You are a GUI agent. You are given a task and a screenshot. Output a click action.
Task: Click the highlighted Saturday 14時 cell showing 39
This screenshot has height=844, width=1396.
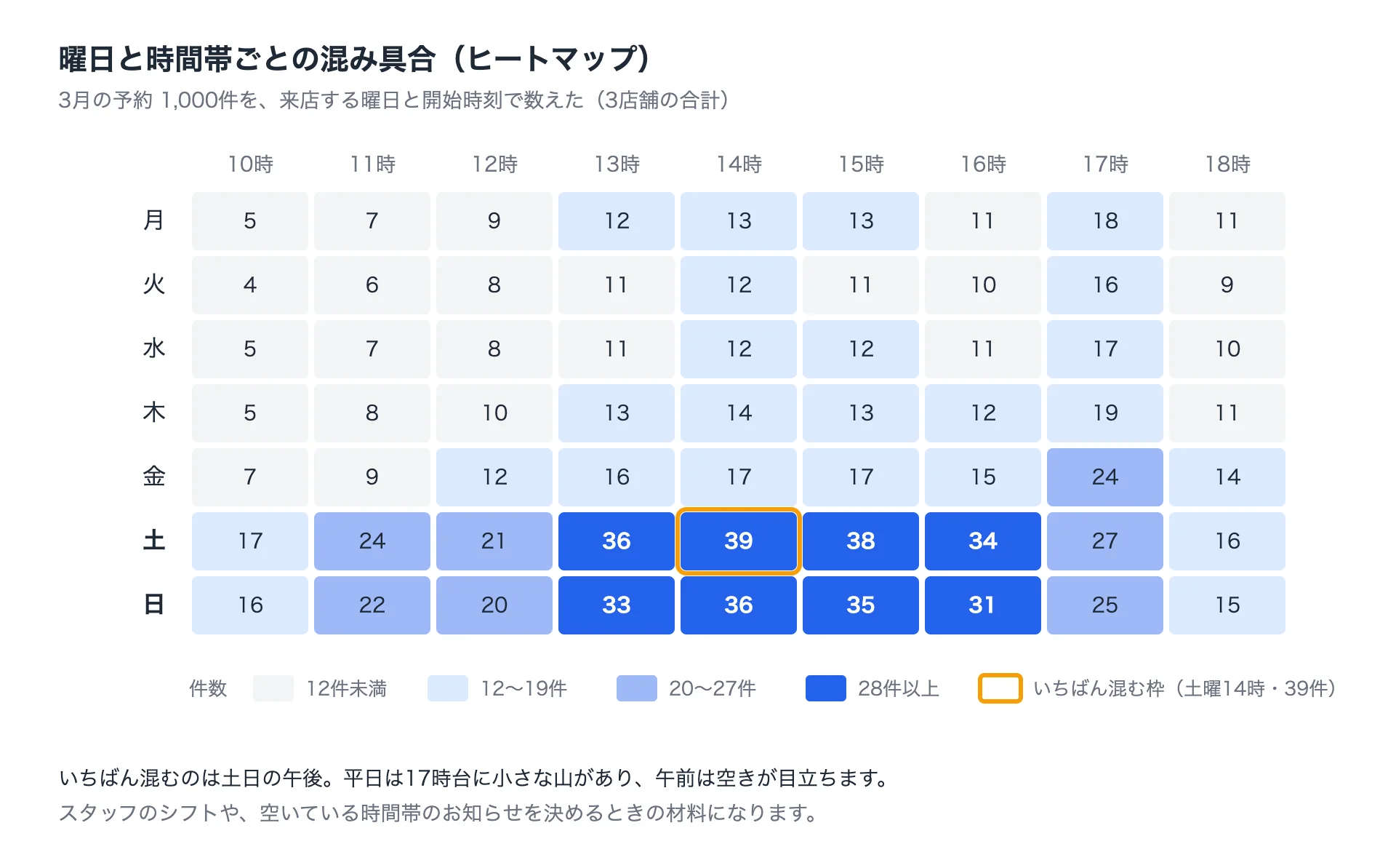739,541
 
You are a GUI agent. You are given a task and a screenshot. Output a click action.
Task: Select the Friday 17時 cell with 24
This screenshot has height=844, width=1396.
1105,477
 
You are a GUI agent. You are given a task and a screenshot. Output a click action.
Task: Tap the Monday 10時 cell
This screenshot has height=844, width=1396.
250,221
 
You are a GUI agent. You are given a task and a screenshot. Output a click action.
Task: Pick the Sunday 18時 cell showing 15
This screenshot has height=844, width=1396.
1227,605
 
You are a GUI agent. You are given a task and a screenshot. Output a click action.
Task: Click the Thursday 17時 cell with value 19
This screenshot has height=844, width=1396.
1105,413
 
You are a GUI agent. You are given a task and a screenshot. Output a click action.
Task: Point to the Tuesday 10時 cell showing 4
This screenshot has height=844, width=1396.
250,285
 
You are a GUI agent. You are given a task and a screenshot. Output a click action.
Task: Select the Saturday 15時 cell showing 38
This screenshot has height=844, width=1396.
861,541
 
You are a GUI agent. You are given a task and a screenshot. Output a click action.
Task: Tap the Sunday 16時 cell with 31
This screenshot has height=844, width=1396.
983,605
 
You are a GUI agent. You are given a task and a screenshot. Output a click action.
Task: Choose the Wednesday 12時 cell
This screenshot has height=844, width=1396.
494,349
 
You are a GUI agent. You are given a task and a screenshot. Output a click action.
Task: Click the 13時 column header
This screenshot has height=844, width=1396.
617,164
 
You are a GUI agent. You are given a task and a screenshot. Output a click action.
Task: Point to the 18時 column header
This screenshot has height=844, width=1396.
1227,164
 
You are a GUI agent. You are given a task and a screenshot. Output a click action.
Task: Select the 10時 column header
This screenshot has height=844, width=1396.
250,164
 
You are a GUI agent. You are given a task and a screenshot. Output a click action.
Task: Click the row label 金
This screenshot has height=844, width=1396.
154,477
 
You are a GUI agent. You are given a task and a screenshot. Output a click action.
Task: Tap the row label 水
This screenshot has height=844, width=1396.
154,349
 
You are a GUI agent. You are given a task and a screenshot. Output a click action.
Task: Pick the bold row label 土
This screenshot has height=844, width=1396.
154,541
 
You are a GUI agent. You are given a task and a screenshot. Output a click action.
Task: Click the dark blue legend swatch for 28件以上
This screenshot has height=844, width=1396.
826,688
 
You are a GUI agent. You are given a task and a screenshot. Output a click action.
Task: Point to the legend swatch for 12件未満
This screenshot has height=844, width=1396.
273,688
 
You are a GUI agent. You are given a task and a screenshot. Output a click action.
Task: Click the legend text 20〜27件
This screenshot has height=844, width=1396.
713,688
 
